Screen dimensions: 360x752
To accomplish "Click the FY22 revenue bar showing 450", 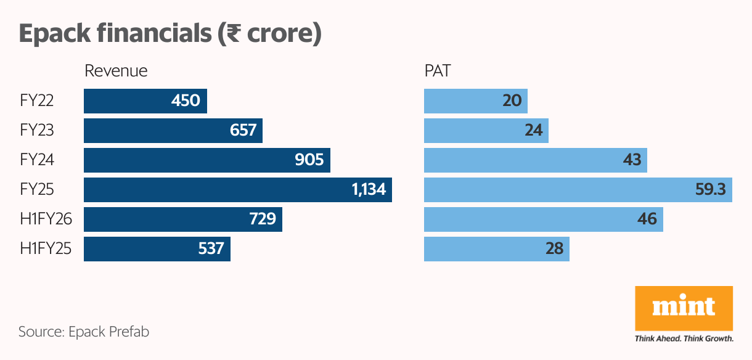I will coord(145,100).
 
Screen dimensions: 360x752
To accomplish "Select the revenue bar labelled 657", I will coord(173,131).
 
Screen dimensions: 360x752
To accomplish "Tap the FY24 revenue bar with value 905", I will coord(207,160).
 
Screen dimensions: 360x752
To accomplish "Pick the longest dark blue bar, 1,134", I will coord(238,190).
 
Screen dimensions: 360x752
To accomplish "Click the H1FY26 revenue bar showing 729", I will coord(183,219).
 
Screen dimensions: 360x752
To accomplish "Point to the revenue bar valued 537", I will coord(157,249).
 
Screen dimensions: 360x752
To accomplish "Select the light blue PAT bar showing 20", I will coord(475,100).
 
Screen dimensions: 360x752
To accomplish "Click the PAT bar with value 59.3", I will coord(578,190).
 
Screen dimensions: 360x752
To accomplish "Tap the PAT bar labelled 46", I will coord(543,219).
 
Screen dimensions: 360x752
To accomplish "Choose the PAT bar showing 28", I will coord(496,249).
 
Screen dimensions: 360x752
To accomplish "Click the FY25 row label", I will coord(37,190).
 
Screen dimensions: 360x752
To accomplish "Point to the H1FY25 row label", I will coord(46,249).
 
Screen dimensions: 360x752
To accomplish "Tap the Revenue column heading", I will coord(116,71).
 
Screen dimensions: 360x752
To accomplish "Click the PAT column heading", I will coord(437,71).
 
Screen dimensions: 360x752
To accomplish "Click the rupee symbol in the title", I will coord(232,33).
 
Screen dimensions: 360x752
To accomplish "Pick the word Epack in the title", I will coord(55,33).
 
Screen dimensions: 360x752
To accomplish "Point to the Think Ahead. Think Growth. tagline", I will coord(684,338).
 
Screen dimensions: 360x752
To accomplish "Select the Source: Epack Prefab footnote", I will coord(84,332).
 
